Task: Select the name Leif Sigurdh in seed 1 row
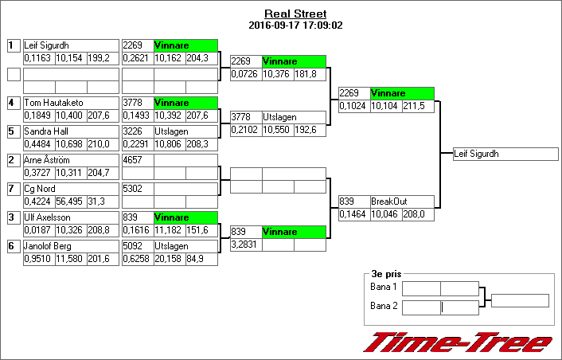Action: tap(46, 46)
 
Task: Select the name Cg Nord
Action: tap(40, 190)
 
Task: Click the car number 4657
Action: tap(132, 161)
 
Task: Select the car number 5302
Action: tap(132, 190)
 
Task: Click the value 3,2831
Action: tap(244, 245)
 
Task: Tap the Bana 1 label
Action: tap(384, 287)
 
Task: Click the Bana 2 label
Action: tap(384, 306)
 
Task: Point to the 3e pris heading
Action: tap(386, 272)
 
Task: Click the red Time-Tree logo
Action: tap(458, 342)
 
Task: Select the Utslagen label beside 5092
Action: tap(171, 247)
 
